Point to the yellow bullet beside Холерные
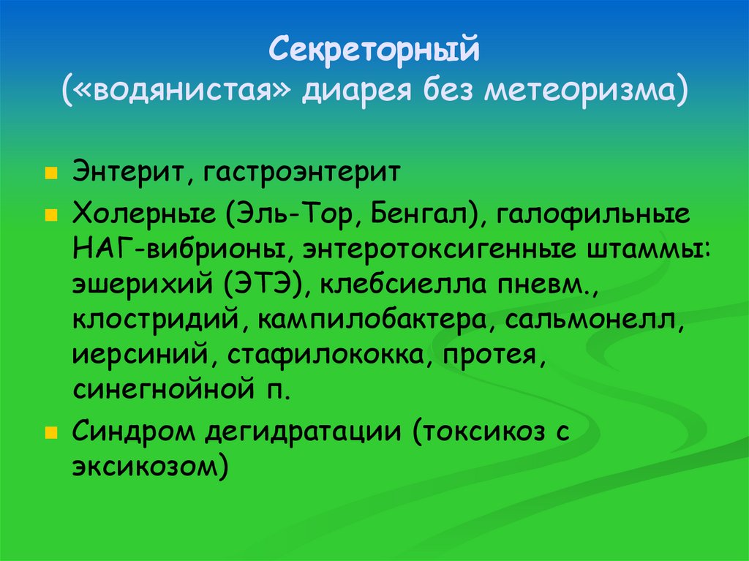(x=50, y=217)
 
